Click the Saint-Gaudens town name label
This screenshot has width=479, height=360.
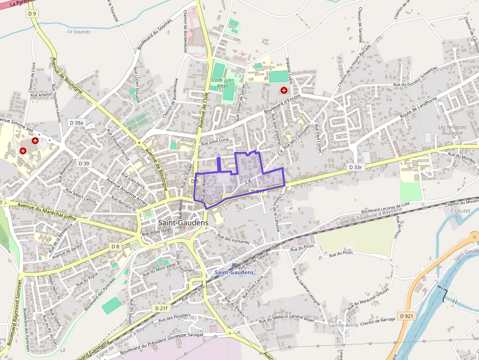pos(183,223)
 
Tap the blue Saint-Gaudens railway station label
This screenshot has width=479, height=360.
pos(234,272)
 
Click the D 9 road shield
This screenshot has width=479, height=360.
pos(33,14)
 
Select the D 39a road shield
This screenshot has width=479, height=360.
pos(77,123)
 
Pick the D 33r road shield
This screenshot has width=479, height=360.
pos(356,167)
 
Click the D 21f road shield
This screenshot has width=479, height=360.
pos(161,308)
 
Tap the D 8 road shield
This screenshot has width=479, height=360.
pos(115,246)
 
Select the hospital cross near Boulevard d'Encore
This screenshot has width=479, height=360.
pos(284,90)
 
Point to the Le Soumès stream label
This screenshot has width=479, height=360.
pos(79,32)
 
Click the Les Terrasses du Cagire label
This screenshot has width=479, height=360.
pos(452,130)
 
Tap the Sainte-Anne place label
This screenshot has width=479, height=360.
pos(343,325)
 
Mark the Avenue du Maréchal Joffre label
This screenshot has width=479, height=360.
pos(47,211)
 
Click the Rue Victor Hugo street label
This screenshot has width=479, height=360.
pos(156,232)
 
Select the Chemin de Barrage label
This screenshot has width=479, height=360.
pos(378,320)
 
